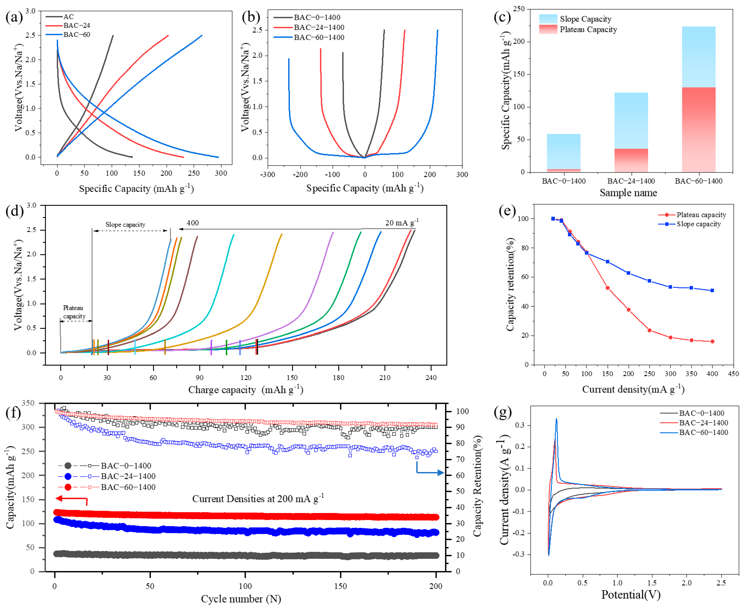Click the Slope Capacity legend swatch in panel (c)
[x=548, y=19]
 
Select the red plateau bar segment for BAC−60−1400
[x=699, y=129]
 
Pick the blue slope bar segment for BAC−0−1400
[x=563, y=151]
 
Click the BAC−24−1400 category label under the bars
[x=631, y=181]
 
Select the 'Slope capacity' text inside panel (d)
[x=125, y=225]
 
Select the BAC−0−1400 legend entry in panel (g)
[x=701, y=413]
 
